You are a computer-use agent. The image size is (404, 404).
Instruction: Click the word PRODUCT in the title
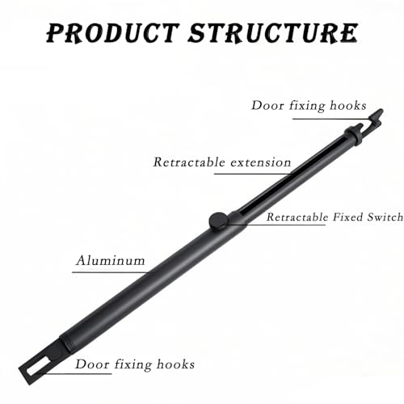coord(113,34)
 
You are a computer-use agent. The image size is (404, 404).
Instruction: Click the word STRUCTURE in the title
coord(273,34)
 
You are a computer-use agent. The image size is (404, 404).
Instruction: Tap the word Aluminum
coord(111,260)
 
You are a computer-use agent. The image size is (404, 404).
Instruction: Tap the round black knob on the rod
coord(218,221)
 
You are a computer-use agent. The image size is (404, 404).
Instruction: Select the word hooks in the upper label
coord(348,105)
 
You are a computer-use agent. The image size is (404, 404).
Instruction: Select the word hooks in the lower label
coord(175,364)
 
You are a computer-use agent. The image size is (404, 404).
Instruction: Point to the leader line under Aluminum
coord(110,272)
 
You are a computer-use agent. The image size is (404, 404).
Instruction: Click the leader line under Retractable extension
coord(253,174)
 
